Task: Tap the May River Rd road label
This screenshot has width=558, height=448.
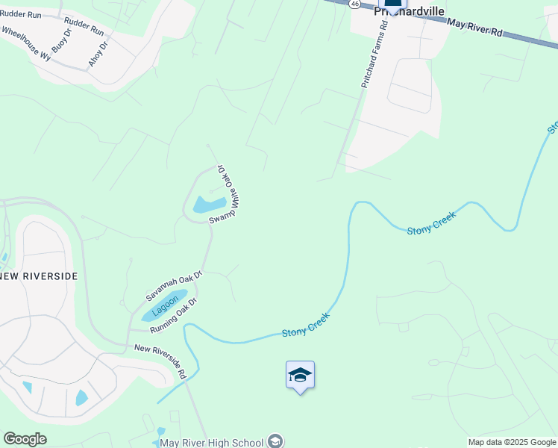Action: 476,30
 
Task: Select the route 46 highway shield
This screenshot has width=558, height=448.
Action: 355,4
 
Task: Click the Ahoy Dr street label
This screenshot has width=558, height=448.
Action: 98,55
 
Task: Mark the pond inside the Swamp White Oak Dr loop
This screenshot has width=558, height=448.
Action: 209,204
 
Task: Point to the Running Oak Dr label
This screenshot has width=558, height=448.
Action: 173,317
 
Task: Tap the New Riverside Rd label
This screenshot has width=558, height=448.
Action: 160,359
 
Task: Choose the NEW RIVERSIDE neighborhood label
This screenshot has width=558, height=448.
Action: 39,276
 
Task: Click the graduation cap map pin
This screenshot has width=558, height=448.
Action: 300,375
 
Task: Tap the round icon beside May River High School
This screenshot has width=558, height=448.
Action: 276,441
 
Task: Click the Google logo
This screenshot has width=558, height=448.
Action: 25,439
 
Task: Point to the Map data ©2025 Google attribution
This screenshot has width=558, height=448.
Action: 512,442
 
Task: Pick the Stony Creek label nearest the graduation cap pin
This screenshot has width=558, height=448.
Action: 306,325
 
